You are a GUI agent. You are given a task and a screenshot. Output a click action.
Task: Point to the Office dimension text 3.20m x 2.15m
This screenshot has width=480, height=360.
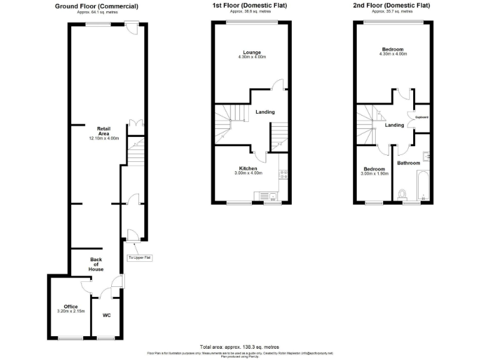71,311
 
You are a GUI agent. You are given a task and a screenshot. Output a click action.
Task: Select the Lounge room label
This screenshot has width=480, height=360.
252,52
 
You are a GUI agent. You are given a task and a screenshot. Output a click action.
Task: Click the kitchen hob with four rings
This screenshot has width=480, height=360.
282,174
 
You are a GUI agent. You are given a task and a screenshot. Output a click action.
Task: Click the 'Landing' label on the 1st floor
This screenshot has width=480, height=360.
265,112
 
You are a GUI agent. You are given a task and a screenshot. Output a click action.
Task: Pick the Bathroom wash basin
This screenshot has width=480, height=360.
425,157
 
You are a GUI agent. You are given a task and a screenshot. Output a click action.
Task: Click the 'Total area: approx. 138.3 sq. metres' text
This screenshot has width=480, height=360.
239,346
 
